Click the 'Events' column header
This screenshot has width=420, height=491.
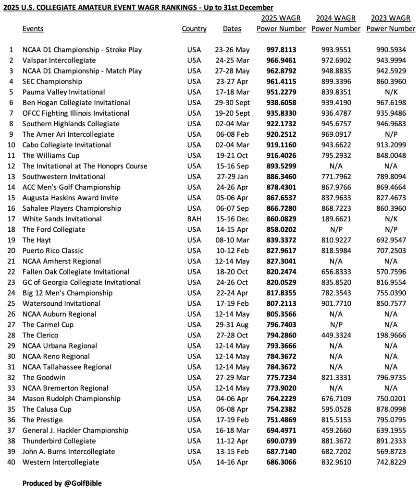(33, 29)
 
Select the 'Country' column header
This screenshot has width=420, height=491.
(194, 29)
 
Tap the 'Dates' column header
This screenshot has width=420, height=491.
(232, 29)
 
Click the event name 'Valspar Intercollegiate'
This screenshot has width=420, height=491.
(59, 60)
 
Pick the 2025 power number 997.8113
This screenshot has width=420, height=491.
(281, 50)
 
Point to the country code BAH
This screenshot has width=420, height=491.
(194, 219)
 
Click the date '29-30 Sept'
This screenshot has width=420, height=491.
(233, 103)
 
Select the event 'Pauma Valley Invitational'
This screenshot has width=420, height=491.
(63, 92)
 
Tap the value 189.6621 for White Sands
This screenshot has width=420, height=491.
(336, 219)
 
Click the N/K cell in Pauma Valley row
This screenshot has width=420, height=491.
(391, 92)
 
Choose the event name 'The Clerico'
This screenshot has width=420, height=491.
(40, 335)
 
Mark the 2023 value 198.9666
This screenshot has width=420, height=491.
(391, 335)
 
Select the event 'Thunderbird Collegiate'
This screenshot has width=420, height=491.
(59, 441)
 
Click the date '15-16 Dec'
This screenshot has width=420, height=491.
(233, 219)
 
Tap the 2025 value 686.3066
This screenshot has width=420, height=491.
(281, 462)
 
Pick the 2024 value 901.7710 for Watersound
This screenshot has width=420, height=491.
(336, 303)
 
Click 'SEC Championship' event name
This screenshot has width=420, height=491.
(52, 82)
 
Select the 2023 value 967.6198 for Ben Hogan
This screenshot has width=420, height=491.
(391, 103)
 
